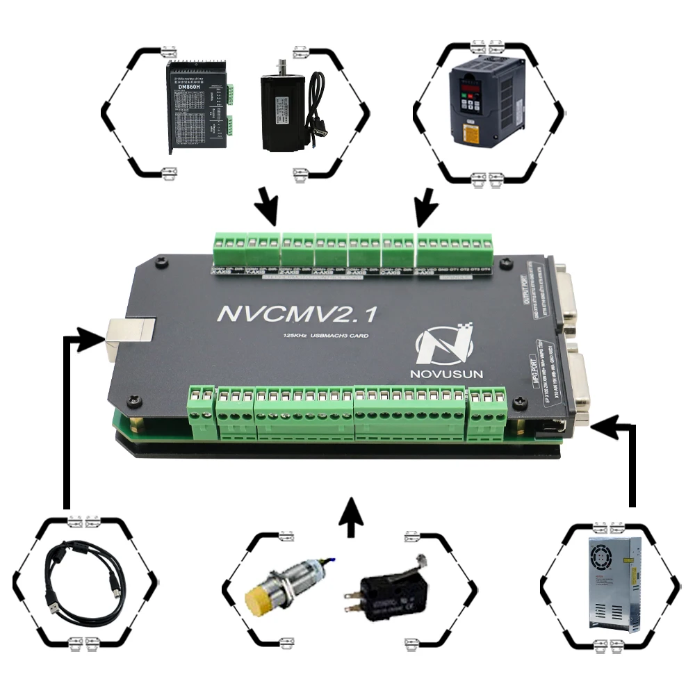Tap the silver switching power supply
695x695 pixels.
pos(612,584)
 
